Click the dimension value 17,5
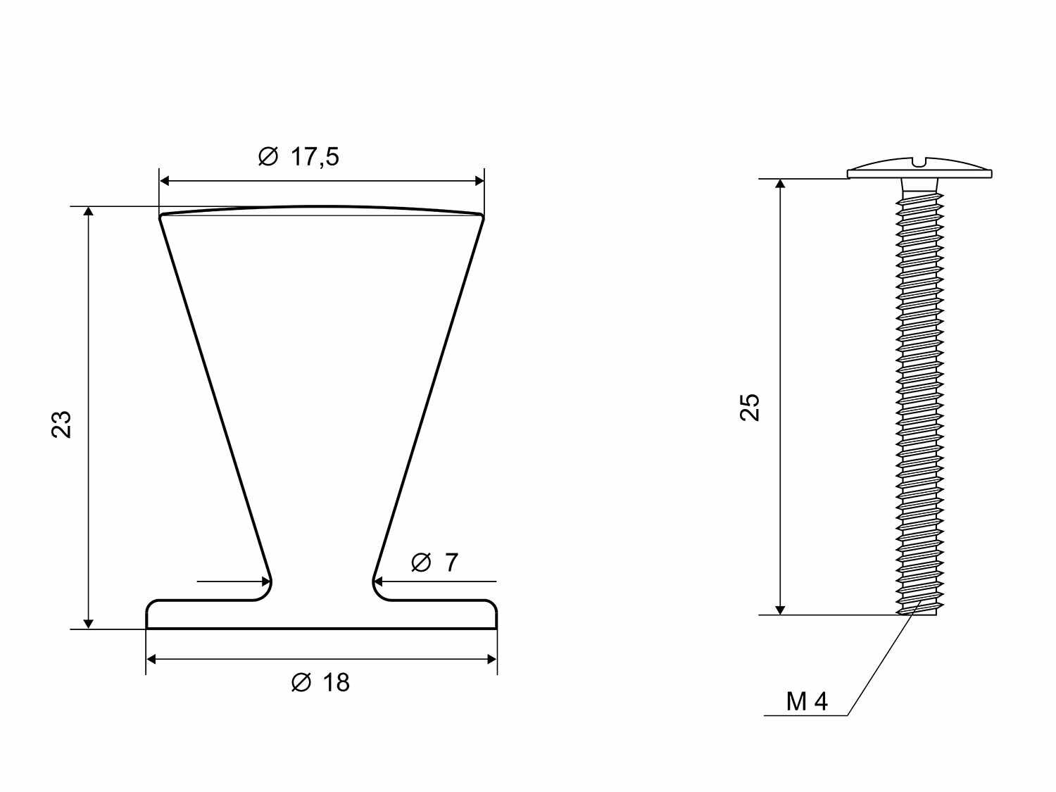click(x=315, y=157)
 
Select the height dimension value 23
click(x=61, y=425)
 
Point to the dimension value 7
click(x=451, y=562)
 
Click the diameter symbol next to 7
click(x=421, y=562)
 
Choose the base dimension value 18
click(x=336, y=682)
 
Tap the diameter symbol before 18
click(x=301, y=682)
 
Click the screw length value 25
click(x=750, y=408)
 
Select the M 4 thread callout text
click(x=807, y=702)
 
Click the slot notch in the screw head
click(x=919, y=163)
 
